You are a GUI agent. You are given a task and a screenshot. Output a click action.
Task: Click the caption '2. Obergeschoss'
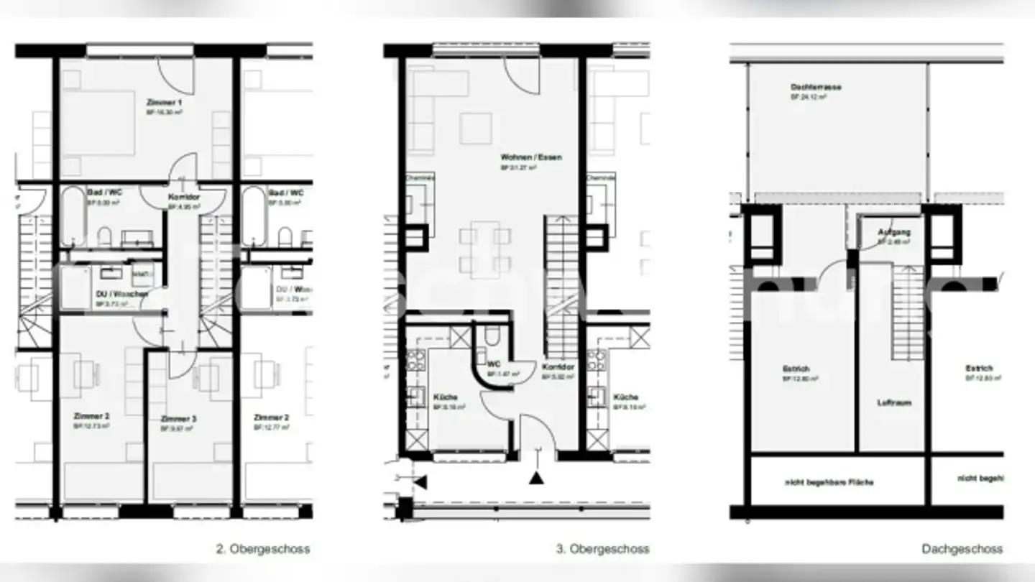[x=263, y=549]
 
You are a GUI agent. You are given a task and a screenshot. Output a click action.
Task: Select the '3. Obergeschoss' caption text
[x=602, y=549]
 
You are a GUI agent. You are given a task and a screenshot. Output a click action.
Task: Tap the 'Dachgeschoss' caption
[x=962, y=549]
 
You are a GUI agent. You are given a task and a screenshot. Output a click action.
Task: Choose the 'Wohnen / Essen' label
[x=531, y=157]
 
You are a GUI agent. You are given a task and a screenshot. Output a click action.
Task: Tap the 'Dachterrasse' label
[x=815, y=87]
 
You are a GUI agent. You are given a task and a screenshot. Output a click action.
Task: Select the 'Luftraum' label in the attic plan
[x=893, y=402]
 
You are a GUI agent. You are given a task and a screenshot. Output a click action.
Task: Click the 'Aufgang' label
[x=894, y=232]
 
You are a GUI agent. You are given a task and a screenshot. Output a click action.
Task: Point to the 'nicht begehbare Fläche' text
[x=829, y=481]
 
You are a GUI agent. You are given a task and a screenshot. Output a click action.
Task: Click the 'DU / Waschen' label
[x=121, y=294]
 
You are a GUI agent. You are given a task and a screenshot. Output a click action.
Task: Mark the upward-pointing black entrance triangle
[x=535, y=477]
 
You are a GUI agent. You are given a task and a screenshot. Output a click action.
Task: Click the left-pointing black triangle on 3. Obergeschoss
[x=420, y=481]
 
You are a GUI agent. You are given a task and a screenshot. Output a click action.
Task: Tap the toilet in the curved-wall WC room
[x=492, y=334]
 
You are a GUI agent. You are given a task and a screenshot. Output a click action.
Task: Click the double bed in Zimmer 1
[x=97, y=122]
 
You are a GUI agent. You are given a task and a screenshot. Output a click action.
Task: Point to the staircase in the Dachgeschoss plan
[x=907, y=313]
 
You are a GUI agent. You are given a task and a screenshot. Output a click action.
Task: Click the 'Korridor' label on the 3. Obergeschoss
[x=558, y=366]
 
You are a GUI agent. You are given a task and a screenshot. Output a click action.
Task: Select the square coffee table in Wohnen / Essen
[x=476, y=128]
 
